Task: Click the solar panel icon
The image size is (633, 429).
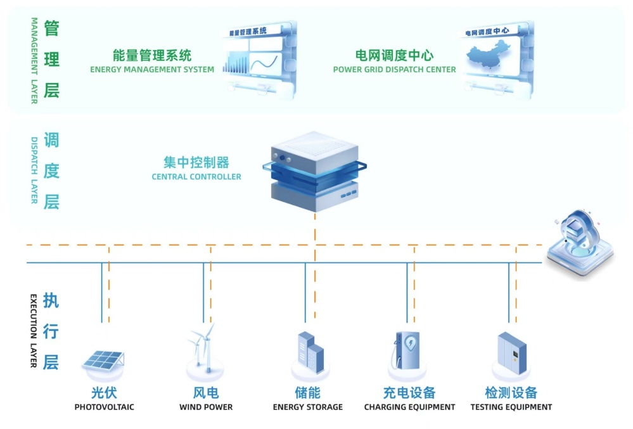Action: (103, 361)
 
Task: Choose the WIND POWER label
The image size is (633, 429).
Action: (206, 407)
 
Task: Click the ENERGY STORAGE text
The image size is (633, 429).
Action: (308, 407)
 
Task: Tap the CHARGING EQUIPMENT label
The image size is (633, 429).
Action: (409, 407)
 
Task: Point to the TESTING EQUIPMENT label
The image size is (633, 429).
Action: (511, 407)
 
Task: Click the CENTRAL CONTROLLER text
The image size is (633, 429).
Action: (196, 177)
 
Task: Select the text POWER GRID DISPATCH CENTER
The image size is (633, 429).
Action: (394, 70)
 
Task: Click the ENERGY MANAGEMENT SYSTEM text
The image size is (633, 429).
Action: (152, 70)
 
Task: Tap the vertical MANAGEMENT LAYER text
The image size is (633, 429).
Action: (34, 61)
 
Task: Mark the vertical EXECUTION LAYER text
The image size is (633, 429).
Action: (34, 330)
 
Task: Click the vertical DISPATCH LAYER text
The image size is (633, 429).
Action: (34, 170)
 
